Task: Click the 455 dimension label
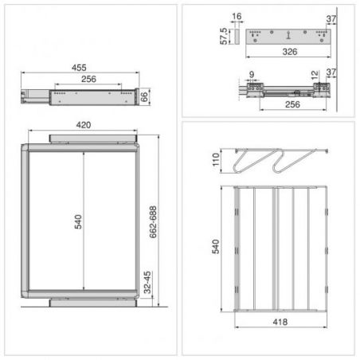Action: pos(79,68)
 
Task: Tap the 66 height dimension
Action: pos(144,97)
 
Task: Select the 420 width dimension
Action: pos(84,125)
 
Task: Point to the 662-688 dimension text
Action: pos(153,222)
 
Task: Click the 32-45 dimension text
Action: pos(147,282)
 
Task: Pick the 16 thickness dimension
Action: pos(237,17)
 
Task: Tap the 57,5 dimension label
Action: pos(224,36)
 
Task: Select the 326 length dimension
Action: pos(290,52)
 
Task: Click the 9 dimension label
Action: pos(252,75)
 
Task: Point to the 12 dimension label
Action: pos(315,75)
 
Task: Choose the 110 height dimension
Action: pos(216,159)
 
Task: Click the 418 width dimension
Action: pos(280,322)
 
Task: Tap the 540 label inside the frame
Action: pos(78,221)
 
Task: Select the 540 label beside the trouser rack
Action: pos(216,247)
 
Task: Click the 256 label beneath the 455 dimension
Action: pos(88,79)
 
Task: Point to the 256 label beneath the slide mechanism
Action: pos(292,104)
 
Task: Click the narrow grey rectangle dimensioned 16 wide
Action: pos(237,37)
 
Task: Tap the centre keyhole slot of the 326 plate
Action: pos(288,35)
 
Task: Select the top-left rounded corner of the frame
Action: pos(25,147)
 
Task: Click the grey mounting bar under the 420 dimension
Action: pos(93,139)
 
